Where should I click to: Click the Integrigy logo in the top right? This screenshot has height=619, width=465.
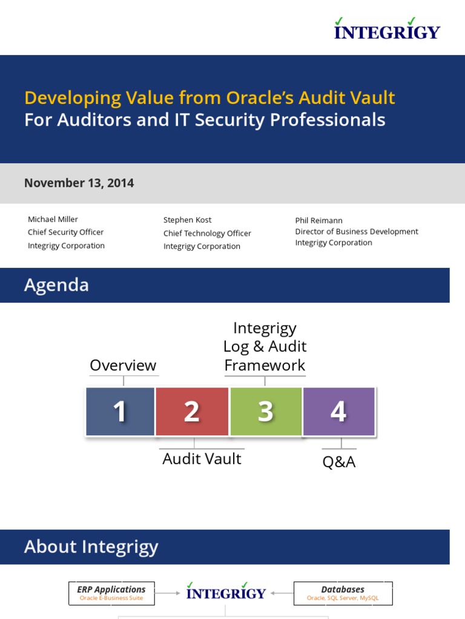coord(387,29)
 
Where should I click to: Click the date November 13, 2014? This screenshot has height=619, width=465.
coord(79,183)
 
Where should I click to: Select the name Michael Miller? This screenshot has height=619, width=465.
coord(53,219)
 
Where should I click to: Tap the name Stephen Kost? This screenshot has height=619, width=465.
coord(187,220)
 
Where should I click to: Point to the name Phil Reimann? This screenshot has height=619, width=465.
coord(318,221)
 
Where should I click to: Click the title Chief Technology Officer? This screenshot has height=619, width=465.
coord(207,233)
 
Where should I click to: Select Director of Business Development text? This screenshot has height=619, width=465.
coord(357,232)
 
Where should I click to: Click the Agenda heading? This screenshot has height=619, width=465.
coord(56,285)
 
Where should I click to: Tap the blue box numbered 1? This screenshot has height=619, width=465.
coord(120,412)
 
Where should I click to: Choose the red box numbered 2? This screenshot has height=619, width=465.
coord(192,412)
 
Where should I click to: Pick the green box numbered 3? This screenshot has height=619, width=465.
coord(265,412)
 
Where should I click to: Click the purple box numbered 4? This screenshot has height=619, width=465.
coord(338,412)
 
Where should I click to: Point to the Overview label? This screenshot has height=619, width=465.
coord(123,365)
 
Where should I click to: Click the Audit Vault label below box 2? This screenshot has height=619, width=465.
coord(202,459)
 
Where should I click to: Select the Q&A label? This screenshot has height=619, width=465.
coord(338,462)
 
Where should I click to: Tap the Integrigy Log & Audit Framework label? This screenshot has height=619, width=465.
coord(265,346)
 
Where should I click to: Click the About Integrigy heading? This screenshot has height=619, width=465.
coord(91,547)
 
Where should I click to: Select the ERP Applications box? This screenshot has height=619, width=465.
coord(111,593)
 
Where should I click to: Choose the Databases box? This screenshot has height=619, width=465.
coord(343,593)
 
